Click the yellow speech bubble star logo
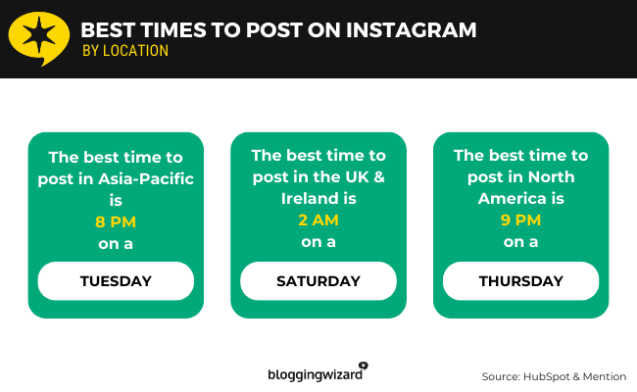38,38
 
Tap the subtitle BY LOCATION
124,51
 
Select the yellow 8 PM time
115,222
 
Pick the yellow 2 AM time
318,220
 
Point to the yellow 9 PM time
520,220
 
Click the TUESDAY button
116,281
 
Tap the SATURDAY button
318,281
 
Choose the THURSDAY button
520,281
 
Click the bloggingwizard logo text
316,374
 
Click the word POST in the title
284,30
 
